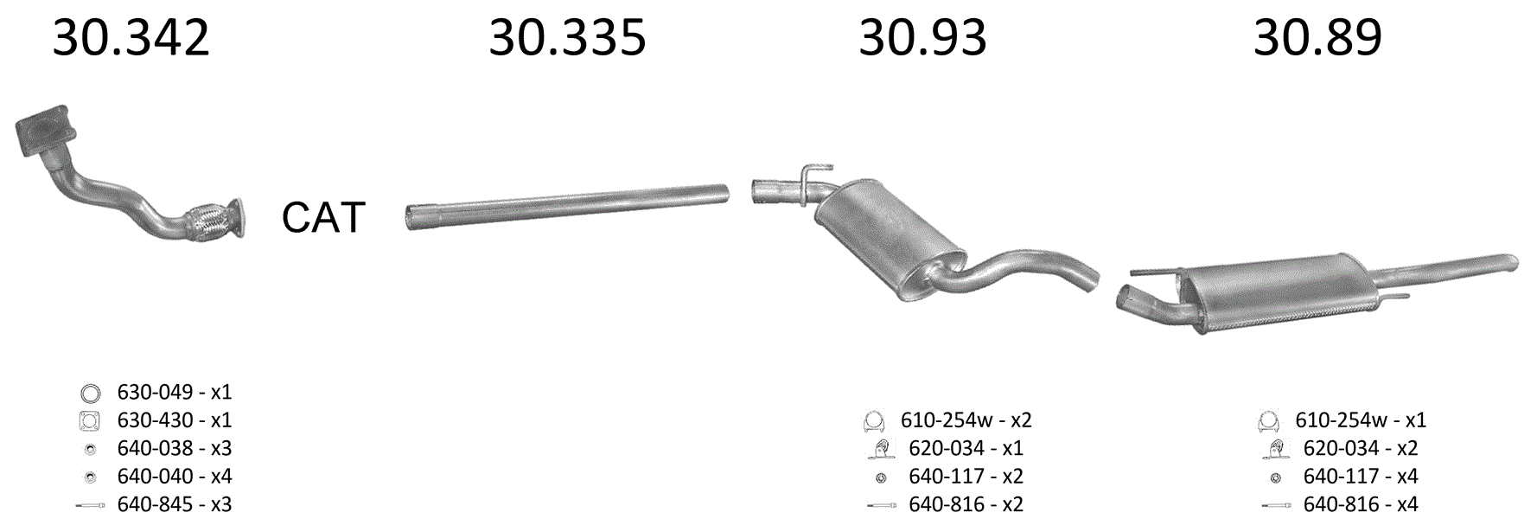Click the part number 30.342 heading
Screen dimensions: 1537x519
pos(131,38)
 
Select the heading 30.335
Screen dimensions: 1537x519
pos(567,38)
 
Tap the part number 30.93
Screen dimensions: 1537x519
pos(922,38)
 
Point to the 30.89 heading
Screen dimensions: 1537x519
pos(1317,38)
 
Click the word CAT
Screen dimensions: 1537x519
pos(323,217)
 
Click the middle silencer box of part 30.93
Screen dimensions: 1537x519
pos(889,239)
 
